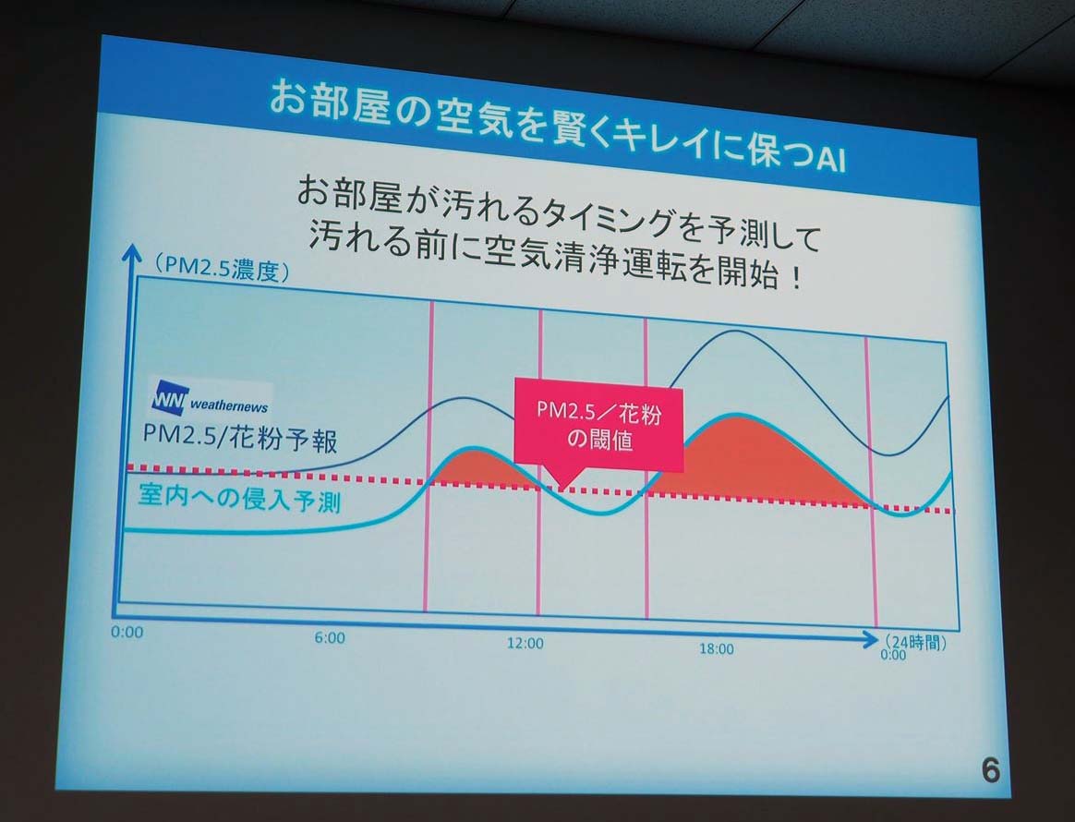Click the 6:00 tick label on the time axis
[x=330, y=637]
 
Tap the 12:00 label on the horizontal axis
[x=525, y=643]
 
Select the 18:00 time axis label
[x=717, y=648]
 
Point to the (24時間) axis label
[x=915, y=643]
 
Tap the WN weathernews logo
[x=210, y=400]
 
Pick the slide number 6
[x=991, y=770]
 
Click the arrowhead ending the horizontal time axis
[x=871, y=640]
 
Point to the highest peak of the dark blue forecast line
[x=734, y=332]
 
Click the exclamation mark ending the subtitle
[x=794, y=279]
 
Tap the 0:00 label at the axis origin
[x=127, y=632]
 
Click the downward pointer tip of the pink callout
[x=561, y=489]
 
